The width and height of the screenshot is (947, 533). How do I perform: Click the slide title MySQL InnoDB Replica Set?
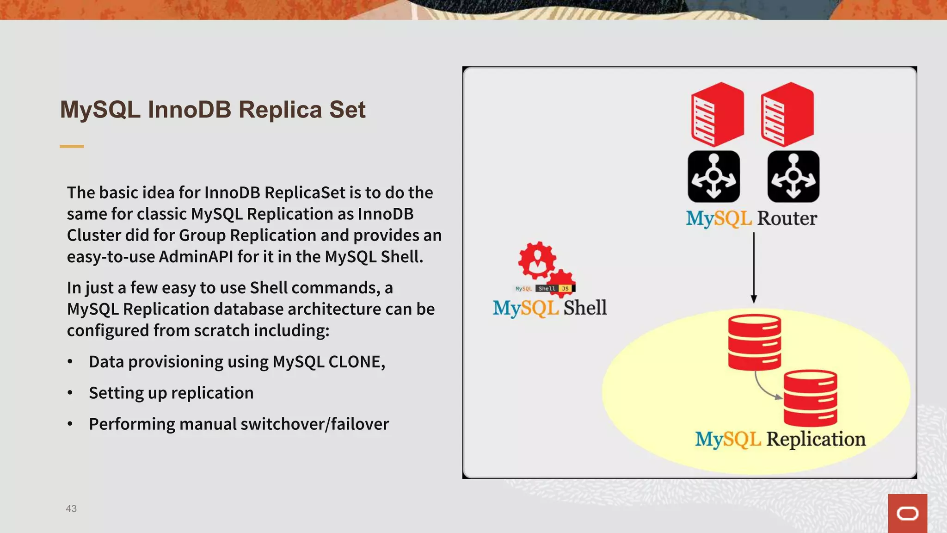(213, 110)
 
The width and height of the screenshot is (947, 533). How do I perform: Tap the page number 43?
(71, 508)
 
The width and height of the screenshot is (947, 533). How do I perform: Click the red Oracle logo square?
(907, 513)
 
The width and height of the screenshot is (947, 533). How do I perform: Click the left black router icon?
(713, 176)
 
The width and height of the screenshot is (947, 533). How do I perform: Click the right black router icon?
(793, 176)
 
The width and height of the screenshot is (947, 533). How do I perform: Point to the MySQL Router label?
(751, 218)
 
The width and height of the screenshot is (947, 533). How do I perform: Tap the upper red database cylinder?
(754, 342)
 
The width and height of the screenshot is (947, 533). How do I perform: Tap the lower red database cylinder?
(810, 397)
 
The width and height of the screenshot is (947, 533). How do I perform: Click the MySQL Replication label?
(780, 439)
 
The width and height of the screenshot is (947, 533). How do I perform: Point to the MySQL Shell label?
(549, 308)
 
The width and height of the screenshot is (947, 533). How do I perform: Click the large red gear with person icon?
(536, 260)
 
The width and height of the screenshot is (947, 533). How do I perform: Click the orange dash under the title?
(72, 146)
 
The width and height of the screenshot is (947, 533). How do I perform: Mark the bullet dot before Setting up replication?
(70, 393)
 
